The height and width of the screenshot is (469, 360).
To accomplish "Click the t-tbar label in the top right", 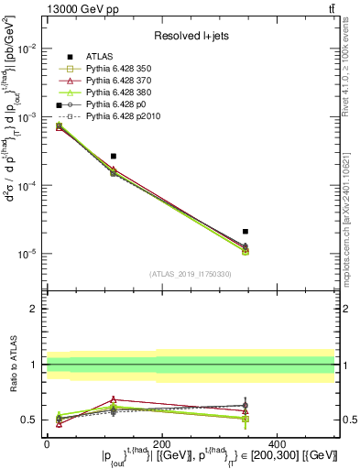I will [328, 8].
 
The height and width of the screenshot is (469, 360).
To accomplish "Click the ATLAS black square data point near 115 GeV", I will [113, 157].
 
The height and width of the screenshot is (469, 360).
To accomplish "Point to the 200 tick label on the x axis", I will [162, 442].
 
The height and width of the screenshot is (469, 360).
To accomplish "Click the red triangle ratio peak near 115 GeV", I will [113, 399].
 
